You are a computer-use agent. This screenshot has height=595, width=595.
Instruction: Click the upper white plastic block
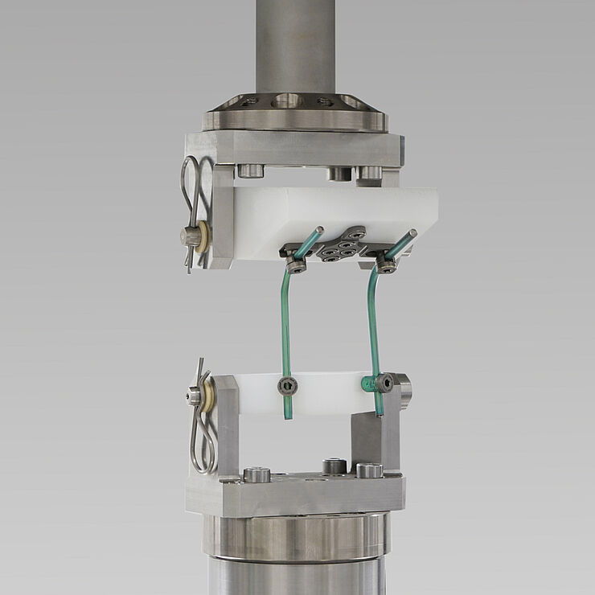click(338, 213)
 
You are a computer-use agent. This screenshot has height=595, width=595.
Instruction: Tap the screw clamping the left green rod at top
click(296, 266)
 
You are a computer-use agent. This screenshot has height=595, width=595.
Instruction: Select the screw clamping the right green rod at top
click(387, 266)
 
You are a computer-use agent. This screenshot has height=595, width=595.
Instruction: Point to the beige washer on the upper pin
click(204, 236)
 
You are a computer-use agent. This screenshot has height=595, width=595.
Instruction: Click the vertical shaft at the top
click(295, 44)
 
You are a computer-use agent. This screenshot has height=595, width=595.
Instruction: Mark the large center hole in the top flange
click(287, 101)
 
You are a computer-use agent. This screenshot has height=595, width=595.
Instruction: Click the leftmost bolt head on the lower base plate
click(256, 474)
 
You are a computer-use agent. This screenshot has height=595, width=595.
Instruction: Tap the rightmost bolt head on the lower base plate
click(369, 470)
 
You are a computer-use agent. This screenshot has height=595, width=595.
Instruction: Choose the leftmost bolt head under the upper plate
click(252, 170)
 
